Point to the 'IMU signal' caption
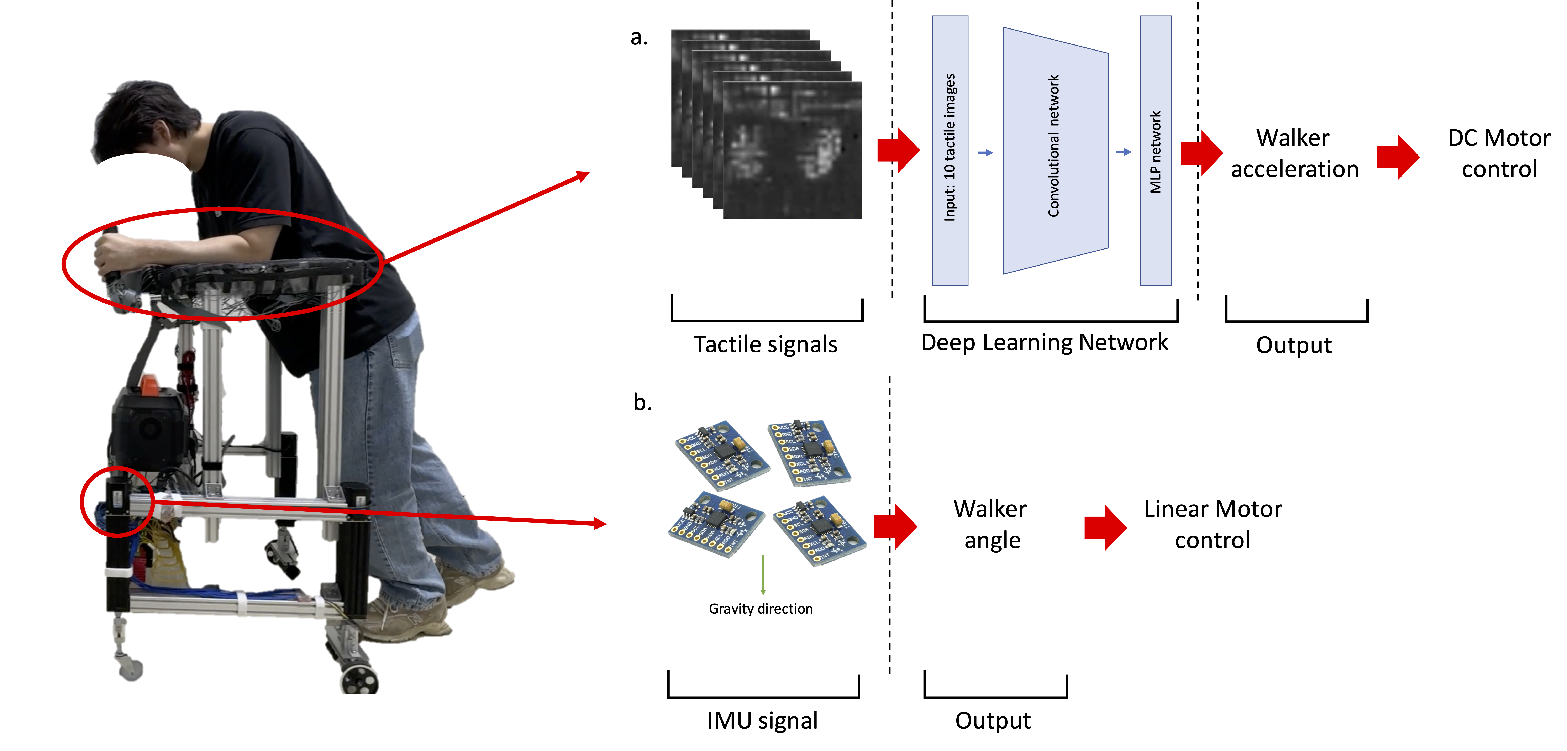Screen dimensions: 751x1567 762,721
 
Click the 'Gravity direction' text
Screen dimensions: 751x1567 760,609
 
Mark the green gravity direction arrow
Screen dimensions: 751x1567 763,575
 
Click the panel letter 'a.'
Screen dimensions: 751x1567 639,38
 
